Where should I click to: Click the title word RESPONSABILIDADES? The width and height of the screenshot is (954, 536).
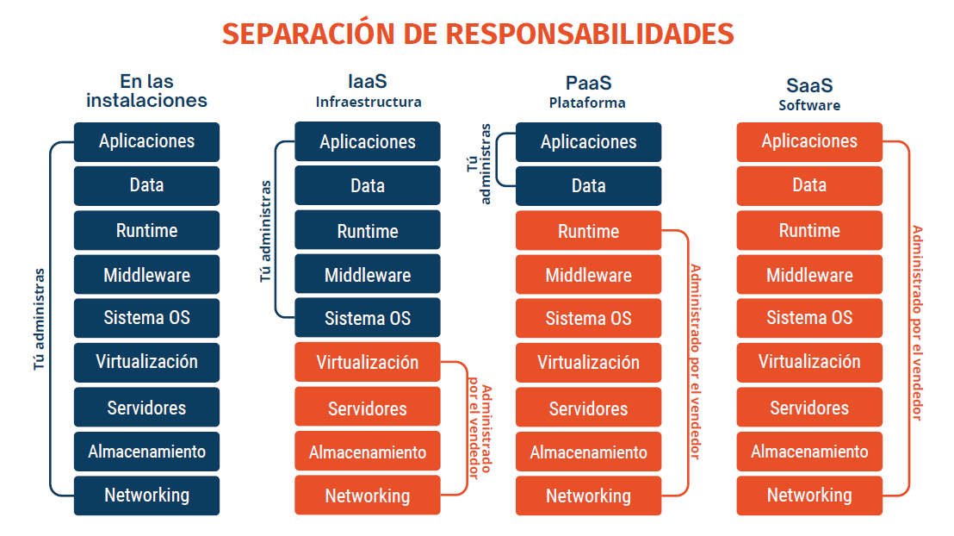590,34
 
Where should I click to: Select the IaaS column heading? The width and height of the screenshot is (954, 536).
368,81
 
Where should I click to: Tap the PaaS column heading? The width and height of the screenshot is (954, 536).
588,83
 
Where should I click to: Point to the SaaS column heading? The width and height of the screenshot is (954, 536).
809,85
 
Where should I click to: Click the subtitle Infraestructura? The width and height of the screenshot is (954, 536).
369,102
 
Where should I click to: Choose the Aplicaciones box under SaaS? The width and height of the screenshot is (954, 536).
809,142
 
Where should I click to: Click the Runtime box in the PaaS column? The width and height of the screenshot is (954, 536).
588,231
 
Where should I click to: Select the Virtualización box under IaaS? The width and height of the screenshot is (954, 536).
368,362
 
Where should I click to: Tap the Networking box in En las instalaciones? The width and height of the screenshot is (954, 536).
146,495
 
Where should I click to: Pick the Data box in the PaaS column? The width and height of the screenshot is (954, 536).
588,186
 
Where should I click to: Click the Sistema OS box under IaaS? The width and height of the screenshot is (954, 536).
368,317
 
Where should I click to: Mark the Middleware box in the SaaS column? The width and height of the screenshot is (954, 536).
809,275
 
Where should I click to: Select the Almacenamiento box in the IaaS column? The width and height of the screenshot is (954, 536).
368,452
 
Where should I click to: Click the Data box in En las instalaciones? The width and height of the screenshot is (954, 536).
146,186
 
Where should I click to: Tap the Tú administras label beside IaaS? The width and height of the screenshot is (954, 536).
266,231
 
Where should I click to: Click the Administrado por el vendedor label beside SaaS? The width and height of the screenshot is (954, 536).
918,323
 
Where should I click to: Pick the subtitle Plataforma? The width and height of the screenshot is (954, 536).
587,103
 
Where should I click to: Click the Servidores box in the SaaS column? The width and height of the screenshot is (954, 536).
809,407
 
